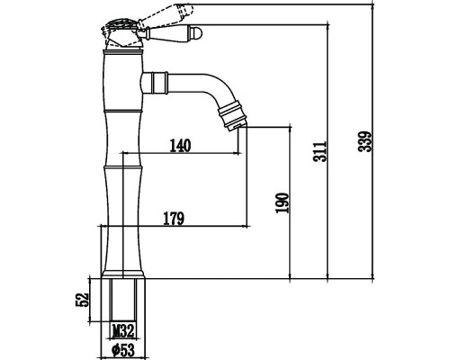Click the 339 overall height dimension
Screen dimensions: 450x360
[x=365, y=141]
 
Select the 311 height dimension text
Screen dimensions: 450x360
[x=319, y=151]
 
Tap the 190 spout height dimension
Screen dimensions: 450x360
[x=283, y=203]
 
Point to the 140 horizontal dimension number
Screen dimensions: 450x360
[x=180, y=146]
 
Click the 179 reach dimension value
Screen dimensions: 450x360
[x=174, y=219]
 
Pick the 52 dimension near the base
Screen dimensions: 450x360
[x=82, y=300]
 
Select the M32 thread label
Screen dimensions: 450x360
[x=123, y=331]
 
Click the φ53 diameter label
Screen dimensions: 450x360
[x=123, y=350]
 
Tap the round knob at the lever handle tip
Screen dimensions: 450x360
[x=197, y=32]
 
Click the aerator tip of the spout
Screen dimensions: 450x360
[x=237, y=126]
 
